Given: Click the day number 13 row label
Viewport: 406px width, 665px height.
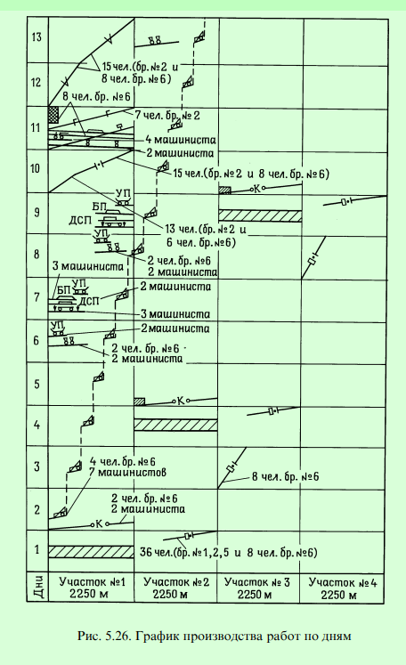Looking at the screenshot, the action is (x=37, y=37).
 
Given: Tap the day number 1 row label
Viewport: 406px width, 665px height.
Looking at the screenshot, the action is (x=37, y=549).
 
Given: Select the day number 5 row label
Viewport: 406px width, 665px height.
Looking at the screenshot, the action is (x=37, y=385).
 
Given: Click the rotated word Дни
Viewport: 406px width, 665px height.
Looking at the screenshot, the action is (x=38, y=587).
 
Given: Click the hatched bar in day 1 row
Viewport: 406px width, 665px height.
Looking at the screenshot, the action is (x=91, y=552).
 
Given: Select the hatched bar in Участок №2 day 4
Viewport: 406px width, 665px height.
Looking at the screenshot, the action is (x=175, y=425).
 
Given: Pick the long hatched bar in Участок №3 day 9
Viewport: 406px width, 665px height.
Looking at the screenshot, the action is (x=260, y=215).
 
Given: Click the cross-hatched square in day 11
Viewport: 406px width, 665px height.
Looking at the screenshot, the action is (x=53, y=115).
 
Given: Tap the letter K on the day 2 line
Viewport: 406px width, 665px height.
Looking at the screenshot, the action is (x=100, y=523).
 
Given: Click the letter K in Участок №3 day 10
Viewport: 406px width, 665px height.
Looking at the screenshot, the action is (x=256, y=189).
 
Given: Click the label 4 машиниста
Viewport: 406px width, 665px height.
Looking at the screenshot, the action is (x=181, y=140).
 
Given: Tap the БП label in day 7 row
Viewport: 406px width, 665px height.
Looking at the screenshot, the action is (x=63, y=290).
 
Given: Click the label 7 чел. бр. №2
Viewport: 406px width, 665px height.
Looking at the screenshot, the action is (x=167, y=115).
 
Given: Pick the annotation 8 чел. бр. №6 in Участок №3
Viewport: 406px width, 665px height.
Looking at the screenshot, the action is (x=286, y=476).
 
